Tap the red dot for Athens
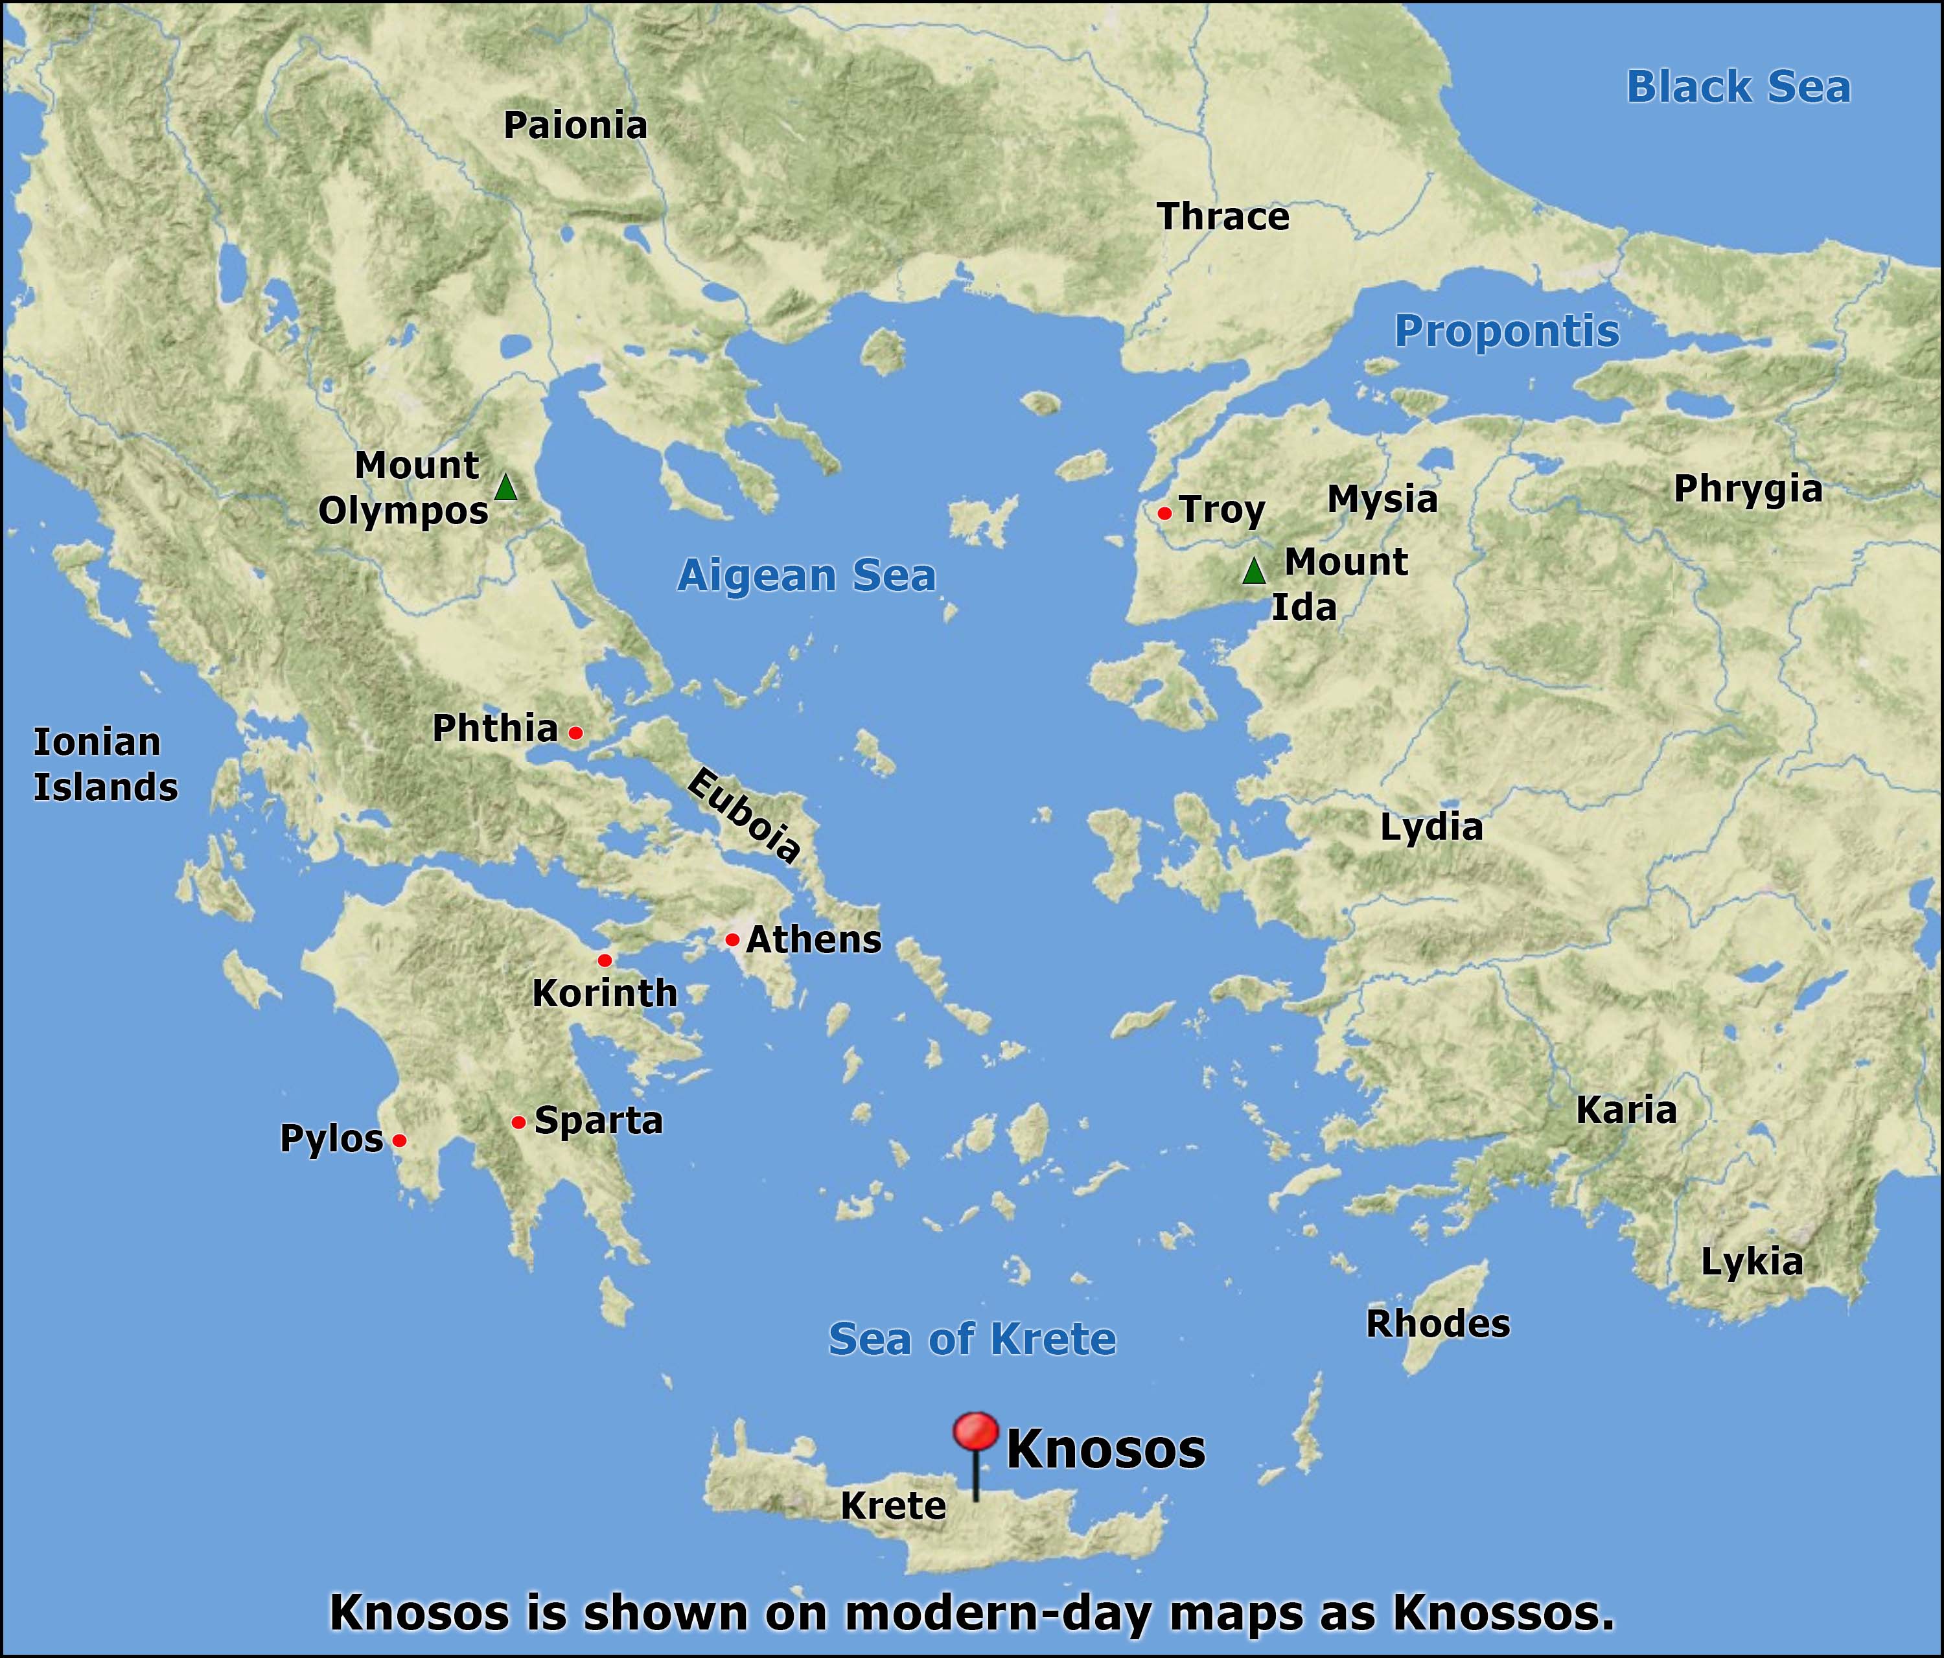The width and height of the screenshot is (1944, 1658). coord(732,939)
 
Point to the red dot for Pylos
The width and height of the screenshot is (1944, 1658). coord(399,1140)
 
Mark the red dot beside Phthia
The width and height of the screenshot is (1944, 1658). coord(576,733)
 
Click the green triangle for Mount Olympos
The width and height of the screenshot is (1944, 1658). coord(505,488)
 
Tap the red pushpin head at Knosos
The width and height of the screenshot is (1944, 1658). coord(975,1433)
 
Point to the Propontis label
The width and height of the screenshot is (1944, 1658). coord(1507,331)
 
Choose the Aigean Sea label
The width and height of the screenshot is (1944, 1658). coord(807,575)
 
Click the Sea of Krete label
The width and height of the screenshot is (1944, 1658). coord(972,1339)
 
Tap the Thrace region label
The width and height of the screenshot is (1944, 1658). coord(1223,217)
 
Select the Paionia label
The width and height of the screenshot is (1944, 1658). coord(575,126)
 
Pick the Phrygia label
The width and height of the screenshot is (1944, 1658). coord(1748,489)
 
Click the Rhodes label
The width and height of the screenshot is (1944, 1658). coord(1437,1324)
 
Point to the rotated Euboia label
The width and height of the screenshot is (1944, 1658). coord(744,814)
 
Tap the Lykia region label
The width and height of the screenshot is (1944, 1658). coord(1752,1262)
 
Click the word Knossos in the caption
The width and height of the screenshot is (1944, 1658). coord(1503,1612)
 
